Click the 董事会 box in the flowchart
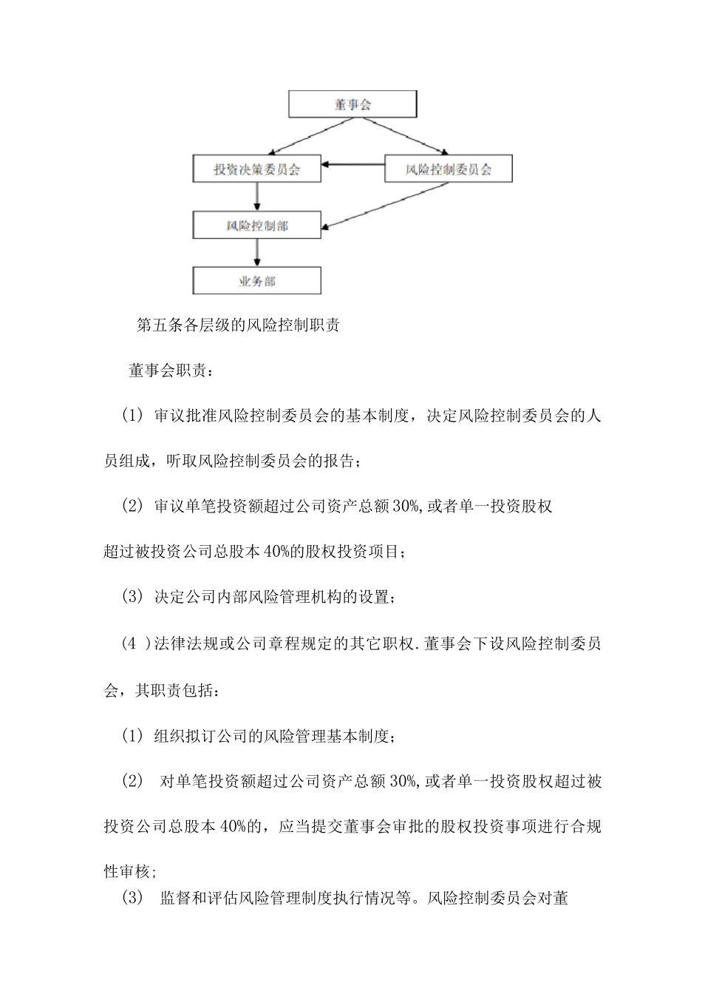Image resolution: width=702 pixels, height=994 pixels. (x=352, y=104)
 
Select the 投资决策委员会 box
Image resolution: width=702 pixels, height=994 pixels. (x=257, y=169)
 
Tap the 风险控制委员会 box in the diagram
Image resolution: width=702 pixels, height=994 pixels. (x=449, y=169)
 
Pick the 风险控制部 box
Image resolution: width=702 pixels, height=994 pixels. (x=257, y=226)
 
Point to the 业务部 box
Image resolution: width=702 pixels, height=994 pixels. (x=257, y=281)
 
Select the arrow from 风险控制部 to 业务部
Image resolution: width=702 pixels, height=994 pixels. (x=257, y=252)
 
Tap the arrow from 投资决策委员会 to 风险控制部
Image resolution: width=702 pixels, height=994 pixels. (x=257, y=197)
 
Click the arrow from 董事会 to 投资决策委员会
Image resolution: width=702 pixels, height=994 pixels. (x=303, y=136)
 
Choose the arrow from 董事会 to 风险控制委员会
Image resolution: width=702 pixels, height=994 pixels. (x=403, y=136)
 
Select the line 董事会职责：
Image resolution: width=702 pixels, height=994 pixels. (x=172, y=371)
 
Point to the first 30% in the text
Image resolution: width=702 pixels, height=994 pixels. (x=406, y=507)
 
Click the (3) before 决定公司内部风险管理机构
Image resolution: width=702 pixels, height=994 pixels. (x=132, y=597)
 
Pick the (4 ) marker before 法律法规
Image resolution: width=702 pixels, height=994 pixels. (x=134, y=643)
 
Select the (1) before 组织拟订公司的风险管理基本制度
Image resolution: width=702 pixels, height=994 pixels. (x=132, y=736)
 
